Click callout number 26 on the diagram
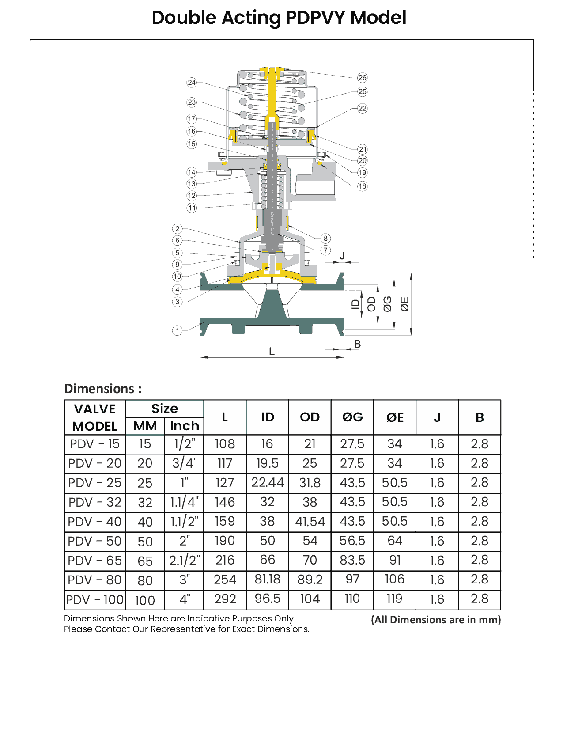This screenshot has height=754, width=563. [x=362, y=78]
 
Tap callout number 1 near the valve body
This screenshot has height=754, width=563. [x=177, y=330]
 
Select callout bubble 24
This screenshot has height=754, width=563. [x=192, y=83]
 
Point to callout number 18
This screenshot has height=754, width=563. [x=362, y=186]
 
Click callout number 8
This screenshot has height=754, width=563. [x=325, y=239]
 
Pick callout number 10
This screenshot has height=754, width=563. [x=177, y=277]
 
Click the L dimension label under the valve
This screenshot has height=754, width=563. [x=272, y=352]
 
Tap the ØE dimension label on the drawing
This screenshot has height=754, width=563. [x=404, y=304]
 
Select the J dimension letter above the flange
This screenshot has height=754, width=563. [x=342, y=256]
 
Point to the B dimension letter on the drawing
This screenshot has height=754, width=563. [x=358, y=344]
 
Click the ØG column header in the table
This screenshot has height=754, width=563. [x=352, y=417]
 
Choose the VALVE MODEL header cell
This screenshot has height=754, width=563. [x=95, y=417]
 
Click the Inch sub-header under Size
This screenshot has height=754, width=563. [x=185, y=426]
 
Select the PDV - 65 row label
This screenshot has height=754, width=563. [x=94, y=561]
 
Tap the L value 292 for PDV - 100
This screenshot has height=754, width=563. [x=225, y=599]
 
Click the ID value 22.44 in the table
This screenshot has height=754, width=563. [x=268, y=482]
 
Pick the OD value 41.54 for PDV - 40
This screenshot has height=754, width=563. [x=310, y=522]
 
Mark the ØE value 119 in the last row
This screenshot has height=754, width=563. [x=395, y=599]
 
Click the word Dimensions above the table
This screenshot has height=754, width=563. [x=99, y=389]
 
